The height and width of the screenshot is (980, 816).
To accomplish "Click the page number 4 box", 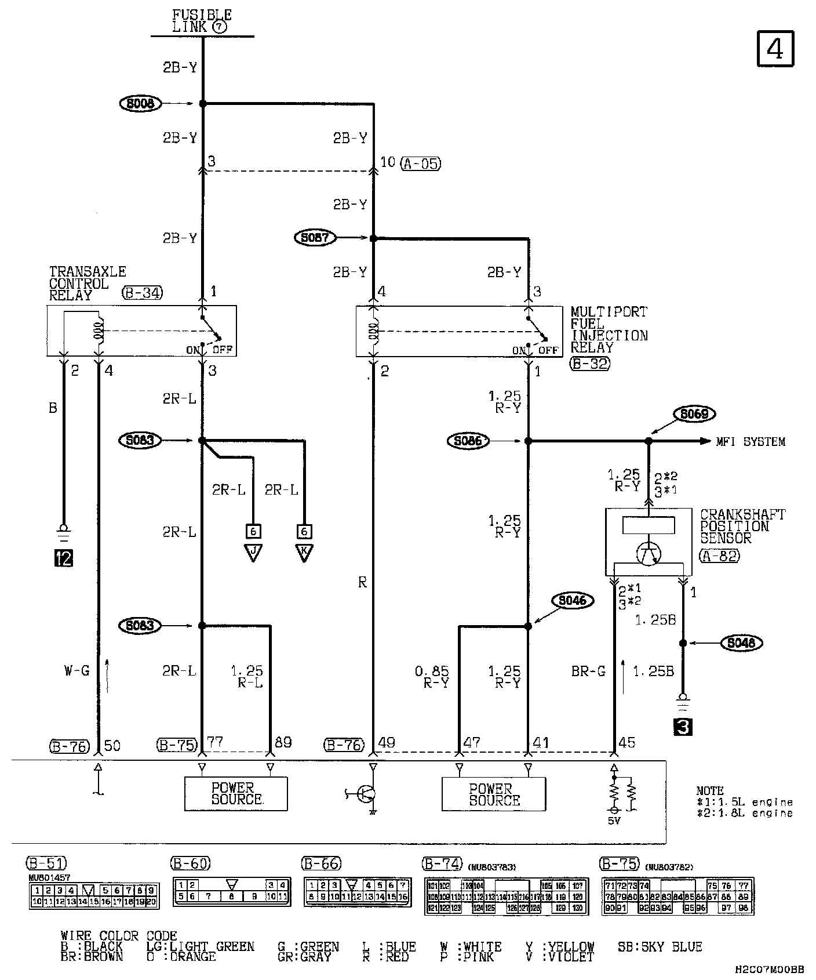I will pyautogui.click(x=775, y=49).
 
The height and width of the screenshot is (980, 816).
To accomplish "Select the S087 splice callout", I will pyautogui.click(x=315, y=238).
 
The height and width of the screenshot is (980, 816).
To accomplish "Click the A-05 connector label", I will pyautogui.click(x=421, y=164).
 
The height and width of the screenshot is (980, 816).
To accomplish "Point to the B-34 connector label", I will pyautogui.click(x=142, y=293).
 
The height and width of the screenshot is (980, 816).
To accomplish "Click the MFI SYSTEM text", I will pyautogui.click(x=751, y=442).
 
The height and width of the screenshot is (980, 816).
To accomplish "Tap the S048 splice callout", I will pyautogui.click(x=741, y=643).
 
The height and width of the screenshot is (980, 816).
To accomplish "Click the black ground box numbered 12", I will pyautogui.click(x=63, y=558).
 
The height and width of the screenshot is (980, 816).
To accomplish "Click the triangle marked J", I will pyautogui.click(x=253, y=553).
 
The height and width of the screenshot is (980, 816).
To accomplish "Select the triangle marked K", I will pyautogui.click(x=304, y=553).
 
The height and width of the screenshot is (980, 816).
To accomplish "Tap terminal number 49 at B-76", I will pyautogui.click(x=387, y=743).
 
